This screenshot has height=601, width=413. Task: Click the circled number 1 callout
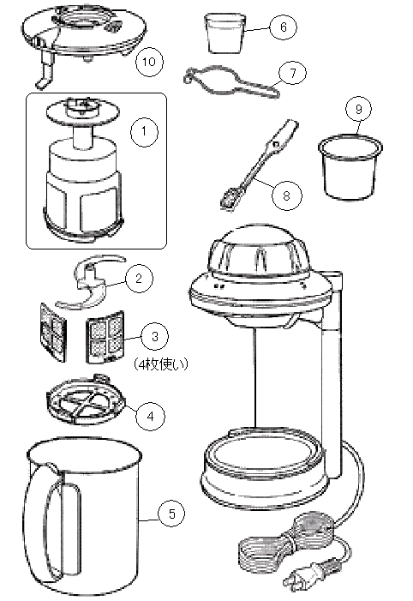pyautogui.click(x=144, y=131)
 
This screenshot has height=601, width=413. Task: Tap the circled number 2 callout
pyautogui.click(x=138, y=279)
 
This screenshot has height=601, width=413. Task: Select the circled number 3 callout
pyautogui.click(x=155, y=336)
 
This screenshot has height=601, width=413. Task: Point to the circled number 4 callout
pyautogui.click(x=151, y=416)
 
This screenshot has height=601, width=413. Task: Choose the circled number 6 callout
pyautogui.click(x=283, y=27)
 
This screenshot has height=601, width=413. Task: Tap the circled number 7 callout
pyautogui.click(x=293, y=72)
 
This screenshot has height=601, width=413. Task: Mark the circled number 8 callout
pyautogui.click(x=286, y=195)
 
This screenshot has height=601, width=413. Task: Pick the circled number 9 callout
pyautogui.click(x=359, y=109)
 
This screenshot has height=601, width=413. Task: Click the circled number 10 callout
pyautogui.click(x=149, y=62)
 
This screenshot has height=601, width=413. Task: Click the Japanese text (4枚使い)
pyautogui.click(x=161, y=364)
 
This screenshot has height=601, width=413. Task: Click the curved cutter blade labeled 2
pyautogui.click(x=91, y=282)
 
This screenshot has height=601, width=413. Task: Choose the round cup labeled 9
pyautogui.click(x=350, y=167)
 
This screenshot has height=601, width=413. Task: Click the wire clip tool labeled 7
pyautogui.click(x=231, y=81)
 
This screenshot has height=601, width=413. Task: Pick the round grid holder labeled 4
pyautogui.click(x=87, y=400)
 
